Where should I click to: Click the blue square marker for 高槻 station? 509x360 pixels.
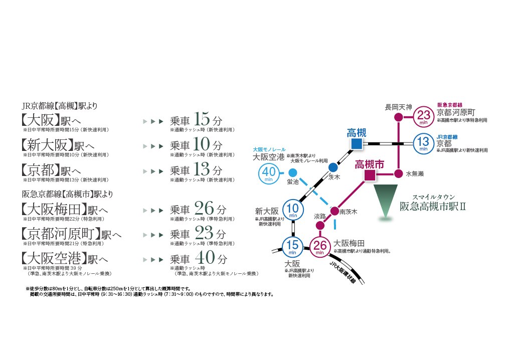coord(357,144)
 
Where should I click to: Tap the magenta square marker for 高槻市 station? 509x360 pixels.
coord(370,175)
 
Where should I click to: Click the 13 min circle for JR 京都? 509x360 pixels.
coord(424,144)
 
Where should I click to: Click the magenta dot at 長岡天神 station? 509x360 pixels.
coord(398,117)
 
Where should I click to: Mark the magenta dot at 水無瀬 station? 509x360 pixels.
coord(398,173)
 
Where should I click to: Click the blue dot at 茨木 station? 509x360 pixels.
coord(333,167)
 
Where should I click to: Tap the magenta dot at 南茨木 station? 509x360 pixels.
coord(334,212)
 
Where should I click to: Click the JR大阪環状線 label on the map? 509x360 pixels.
coord(342,273)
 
